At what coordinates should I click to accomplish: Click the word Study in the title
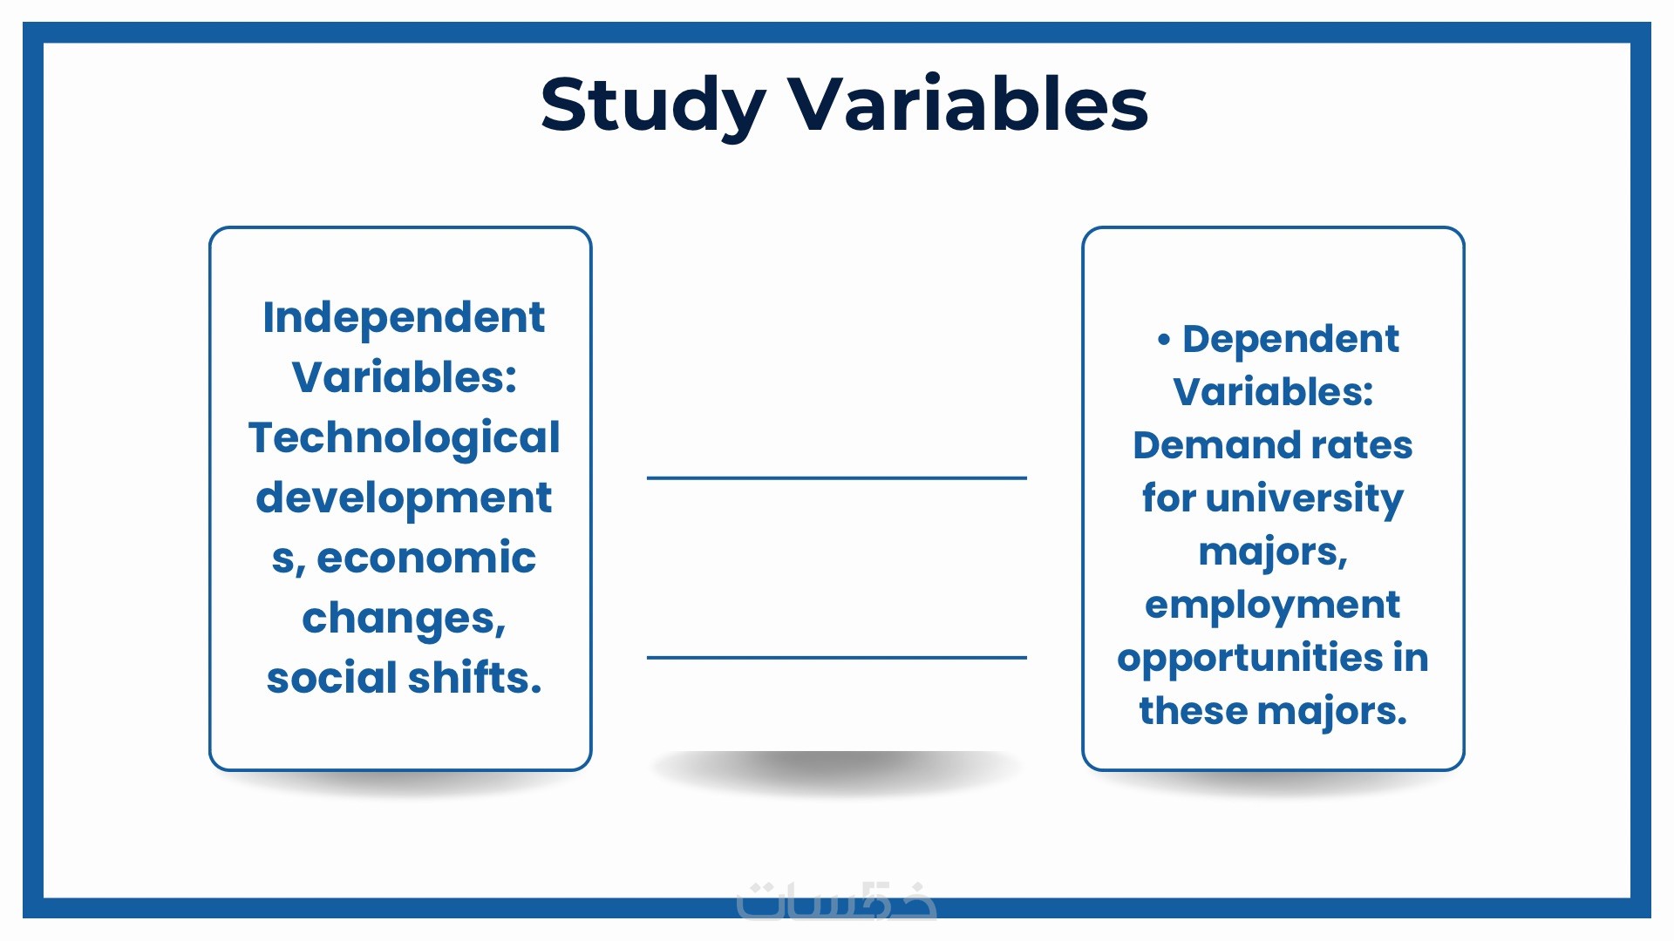[653, 105]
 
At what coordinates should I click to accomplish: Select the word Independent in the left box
[404, 318]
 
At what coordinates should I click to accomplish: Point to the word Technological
[404, 437]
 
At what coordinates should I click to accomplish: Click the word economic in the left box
[426, 558]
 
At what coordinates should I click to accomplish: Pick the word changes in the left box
[404, 619]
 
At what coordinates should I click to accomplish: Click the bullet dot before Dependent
[1164, 340]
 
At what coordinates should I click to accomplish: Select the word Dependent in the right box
[1290, 339]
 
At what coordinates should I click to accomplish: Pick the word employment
[1273, 606]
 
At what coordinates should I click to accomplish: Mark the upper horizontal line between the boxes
[837, 477]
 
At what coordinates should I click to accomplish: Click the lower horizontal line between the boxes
[837, 657]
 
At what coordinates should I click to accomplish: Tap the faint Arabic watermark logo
[837, 900]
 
